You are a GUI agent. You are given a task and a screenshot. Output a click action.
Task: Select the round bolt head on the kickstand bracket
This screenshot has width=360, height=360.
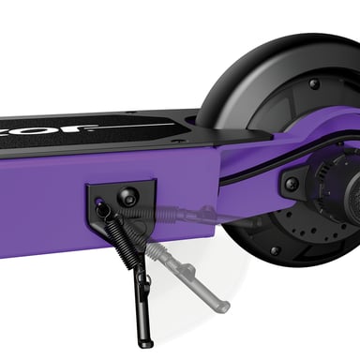(x=129, y=196)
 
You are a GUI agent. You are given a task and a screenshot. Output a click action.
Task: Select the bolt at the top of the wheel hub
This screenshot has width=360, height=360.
(x=313, y=84)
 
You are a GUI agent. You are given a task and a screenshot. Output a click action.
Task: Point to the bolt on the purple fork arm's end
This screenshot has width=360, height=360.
(x=291, y=184)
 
